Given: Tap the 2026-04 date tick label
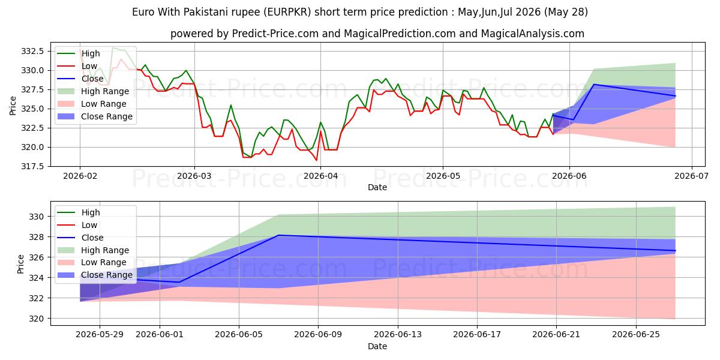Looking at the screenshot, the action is point(320,176).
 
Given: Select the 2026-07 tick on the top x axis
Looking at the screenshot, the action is point(691,176).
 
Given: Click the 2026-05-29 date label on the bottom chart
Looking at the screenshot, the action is point(100,335).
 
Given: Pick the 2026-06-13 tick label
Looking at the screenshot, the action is point(398,335).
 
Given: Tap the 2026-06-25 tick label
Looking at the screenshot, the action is point(636,335).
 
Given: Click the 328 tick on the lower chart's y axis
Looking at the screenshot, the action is point(36,237).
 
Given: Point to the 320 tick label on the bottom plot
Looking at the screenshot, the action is point(36,319).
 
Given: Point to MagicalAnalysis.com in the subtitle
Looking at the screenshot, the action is point(533,34).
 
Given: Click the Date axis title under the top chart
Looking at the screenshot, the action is point(377,187).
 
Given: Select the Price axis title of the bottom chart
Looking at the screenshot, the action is point(20,264).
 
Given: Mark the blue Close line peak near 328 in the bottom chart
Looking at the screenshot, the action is point(278,235).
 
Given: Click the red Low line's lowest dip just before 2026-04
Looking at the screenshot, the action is point(317,160).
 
